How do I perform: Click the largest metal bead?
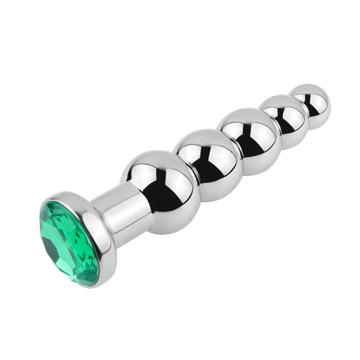pyautogui.click(x=160, y=190)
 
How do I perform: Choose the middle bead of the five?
pyautogui.click(x=248, y=140)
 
